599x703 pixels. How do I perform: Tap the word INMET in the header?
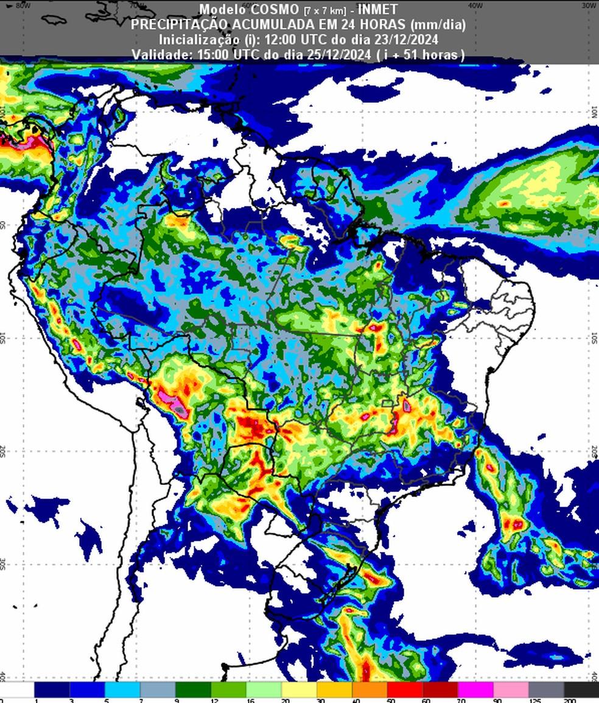tap(377, 10)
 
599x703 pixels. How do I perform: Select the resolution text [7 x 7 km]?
tap(325, 11)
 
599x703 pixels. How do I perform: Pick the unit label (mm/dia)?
tap(438, 25)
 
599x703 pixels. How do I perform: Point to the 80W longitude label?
tap(23, 5)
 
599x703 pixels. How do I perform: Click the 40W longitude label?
tap(476, 5)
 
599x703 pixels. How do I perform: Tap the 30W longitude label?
tap(588, 5)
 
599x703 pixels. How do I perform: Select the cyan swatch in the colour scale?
tap(123, 690)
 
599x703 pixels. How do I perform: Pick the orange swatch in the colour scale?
tap(370, 690)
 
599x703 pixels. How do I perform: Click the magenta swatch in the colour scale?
tap(475, 690)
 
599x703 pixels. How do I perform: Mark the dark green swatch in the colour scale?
tap(193, 690)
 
